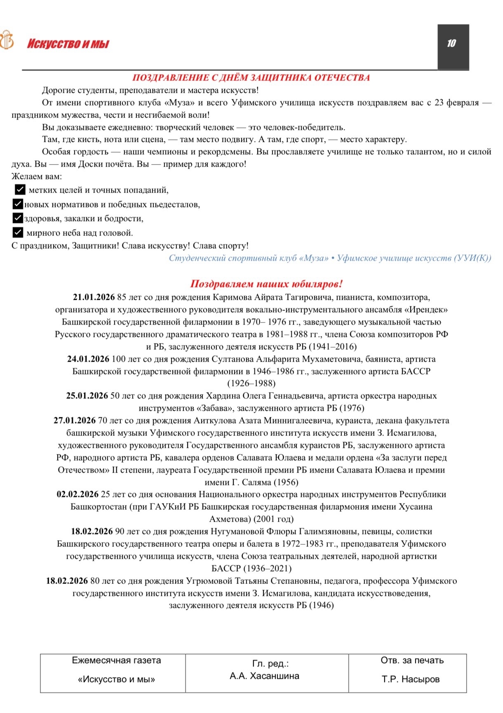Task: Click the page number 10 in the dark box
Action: tap(451, 43)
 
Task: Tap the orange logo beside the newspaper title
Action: tap(7, 40)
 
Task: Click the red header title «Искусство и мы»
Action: tap(68, 44)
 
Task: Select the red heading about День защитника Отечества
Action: tap(251, 78)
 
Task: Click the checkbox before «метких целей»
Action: tap(19, 190)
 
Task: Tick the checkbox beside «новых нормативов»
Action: tap(17, 204)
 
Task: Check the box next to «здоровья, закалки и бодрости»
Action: tap(17, 218)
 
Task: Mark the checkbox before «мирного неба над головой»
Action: tap(17, 233)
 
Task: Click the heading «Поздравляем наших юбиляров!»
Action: tap(266, 284)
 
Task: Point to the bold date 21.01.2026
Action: tap(94, 297)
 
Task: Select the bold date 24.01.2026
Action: tap(88, 359)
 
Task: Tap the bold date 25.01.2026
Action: tap(87, 396)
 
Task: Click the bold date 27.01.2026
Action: tap(75, 421)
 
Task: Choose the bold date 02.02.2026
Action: tap(78, 494)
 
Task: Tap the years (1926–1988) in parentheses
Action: tap(251, 384)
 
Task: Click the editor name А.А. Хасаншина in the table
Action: tap(264, 676)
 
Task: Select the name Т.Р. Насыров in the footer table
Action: tap(411, 679)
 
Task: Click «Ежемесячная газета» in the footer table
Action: tap(116, 660)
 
